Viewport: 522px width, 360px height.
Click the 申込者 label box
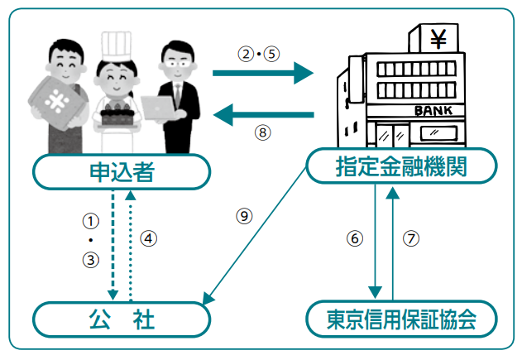point(121,173)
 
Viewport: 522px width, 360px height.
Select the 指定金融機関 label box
point(402,167)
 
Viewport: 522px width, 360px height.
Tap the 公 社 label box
point(121,319)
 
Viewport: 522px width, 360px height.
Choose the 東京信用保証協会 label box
point(402,319)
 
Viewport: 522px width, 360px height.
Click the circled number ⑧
point(262,132)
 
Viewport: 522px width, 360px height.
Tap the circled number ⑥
point(354,238)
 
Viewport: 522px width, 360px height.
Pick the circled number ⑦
point(411,238)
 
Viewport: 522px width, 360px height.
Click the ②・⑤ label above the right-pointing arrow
point(260,54)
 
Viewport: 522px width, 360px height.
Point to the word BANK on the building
point(433,108)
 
